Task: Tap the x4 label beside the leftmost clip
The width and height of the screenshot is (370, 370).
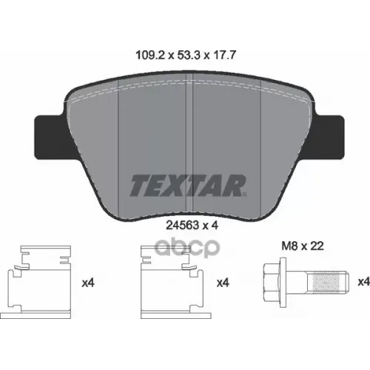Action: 88,282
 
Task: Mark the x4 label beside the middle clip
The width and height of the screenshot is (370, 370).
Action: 223,282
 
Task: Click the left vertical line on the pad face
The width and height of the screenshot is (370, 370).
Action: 120,148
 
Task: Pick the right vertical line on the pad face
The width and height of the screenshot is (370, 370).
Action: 261,148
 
